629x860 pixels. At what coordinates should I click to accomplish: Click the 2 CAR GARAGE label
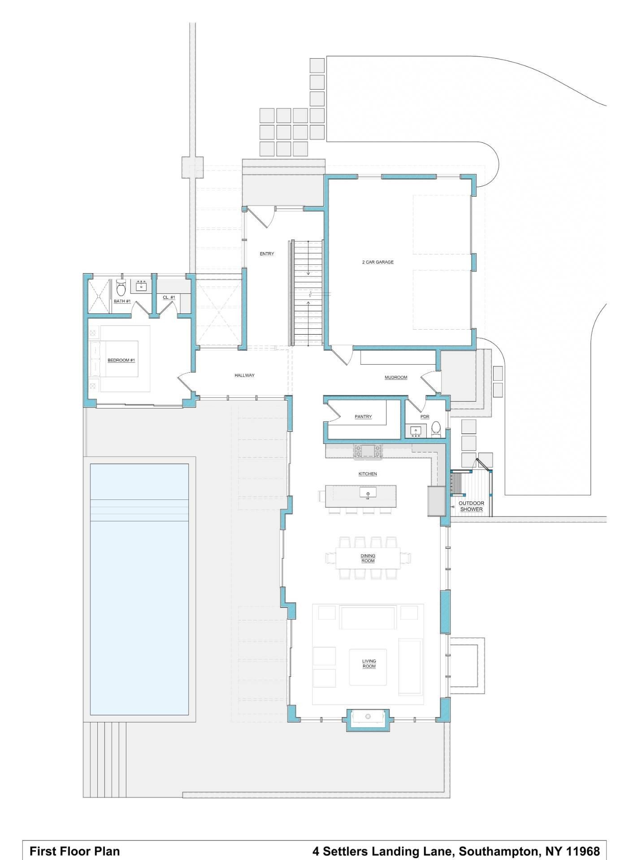click(x=377, y=262)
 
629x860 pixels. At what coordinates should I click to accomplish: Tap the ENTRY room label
click(x=267, y=254)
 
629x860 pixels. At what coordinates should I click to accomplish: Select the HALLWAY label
click(x=244, y=375)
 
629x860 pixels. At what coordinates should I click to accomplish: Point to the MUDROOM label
click(x=396, y=378)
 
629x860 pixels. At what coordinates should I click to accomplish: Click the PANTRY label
click(x=363, y=417)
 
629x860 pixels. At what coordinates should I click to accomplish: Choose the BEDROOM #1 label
click(x=121, y=360)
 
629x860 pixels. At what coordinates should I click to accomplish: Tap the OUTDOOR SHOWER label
click(x=471, y=506)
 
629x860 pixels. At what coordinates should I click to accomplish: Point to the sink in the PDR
click(x=416, y=431)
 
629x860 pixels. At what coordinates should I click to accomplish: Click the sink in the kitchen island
click(x=368, y=493)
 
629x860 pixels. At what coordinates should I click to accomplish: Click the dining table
click(x=368, y=558)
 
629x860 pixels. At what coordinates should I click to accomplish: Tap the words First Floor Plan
click(x=74, y=851)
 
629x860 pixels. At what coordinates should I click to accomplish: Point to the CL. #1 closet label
click(x=169, y=297)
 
